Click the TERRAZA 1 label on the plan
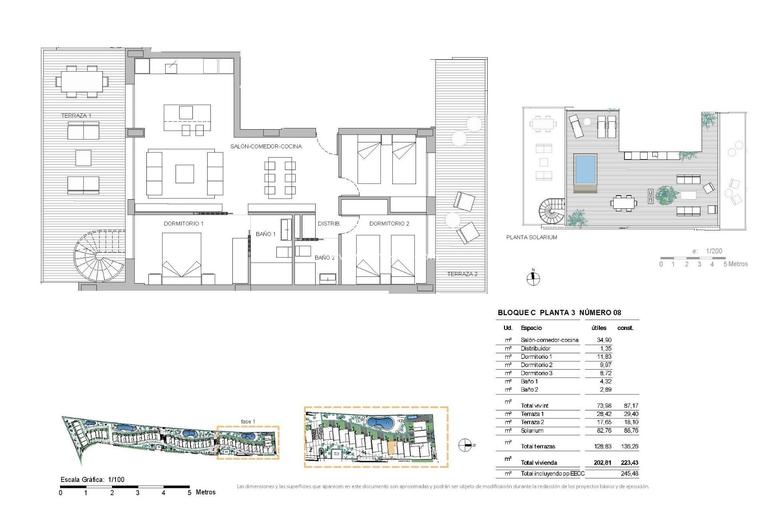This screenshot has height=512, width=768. pyautogui.click(x=76, y=117)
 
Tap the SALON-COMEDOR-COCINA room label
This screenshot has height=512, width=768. pyautogui.click(x=266, y=146)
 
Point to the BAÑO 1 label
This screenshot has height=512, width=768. pyautogui.click(x=265, y=234)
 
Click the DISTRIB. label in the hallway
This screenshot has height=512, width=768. pyautogui.click(x=328, y=224)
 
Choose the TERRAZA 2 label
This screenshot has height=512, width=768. pyautogui.click(x=462, y=274)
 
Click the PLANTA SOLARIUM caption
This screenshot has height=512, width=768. pyautogui.click(x=532, y=239)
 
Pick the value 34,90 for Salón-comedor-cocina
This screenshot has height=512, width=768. pyautogui.click(x=600, y=341)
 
